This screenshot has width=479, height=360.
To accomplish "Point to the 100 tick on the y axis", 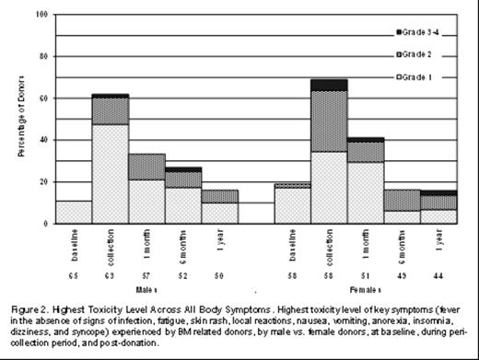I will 42,16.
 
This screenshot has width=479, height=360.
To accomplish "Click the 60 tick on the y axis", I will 44,99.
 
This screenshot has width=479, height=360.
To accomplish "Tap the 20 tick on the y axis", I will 44,182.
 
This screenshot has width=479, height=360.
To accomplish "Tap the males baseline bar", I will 74,212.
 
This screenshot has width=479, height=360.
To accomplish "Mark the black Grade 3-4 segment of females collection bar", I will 329,85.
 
